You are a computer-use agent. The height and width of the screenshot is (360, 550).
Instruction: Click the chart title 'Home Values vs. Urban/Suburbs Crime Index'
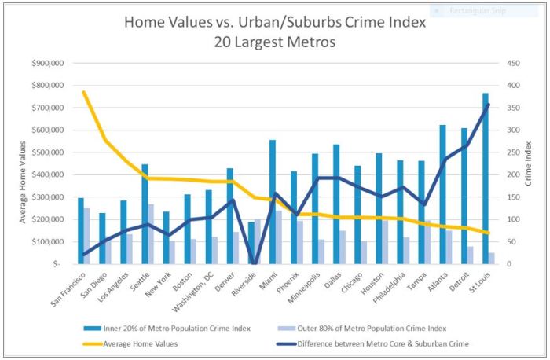pos(275,23)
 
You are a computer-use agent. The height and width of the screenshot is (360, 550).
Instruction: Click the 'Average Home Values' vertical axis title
pos(24,182)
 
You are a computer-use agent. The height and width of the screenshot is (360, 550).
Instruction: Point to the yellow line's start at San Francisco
pos(84,93)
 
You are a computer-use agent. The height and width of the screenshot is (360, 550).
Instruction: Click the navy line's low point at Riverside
pos(254,263)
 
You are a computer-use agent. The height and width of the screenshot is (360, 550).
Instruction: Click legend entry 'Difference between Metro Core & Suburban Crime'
pos(383,343)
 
